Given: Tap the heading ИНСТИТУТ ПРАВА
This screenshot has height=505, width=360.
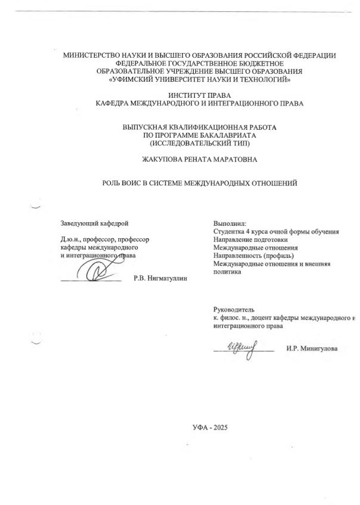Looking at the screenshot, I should [200, 95].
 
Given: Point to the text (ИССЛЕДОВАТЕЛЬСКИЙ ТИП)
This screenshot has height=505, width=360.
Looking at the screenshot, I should [200, 143].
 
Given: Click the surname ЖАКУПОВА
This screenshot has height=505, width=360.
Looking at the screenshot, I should [165, 160].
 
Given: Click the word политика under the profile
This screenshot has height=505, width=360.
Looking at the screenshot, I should [227, 272].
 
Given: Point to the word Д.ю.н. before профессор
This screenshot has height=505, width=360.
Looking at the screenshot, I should [72, 239].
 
